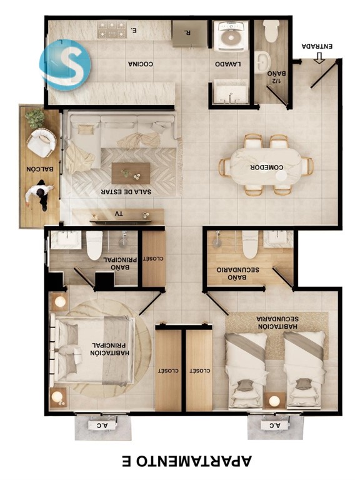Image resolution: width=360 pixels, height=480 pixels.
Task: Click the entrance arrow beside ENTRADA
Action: click(319, 57)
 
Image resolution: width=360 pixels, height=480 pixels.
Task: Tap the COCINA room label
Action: click(141, 64)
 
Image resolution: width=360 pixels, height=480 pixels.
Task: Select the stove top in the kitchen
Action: click(112, 29)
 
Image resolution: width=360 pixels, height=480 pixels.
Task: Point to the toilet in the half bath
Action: click(271, 31)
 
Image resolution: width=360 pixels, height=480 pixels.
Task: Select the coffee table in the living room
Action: click(131, 173)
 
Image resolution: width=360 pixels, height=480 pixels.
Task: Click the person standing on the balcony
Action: click(40, 195)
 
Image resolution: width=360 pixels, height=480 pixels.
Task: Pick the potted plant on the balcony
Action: click(34, 118)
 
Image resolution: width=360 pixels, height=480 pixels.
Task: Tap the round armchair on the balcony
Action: click(41, 143)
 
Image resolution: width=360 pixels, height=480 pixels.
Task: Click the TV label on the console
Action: click(119, 214)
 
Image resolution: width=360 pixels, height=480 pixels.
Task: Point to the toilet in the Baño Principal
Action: click(94, 245)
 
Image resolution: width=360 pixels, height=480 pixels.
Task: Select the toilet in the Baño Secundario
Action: click(251, 244)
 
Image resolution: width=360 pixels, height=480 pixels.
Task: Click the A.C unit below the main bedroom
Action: click(103, 425)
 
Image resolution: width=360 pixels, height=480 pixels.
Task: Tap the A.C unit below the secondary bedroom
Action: click(276, 425)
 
